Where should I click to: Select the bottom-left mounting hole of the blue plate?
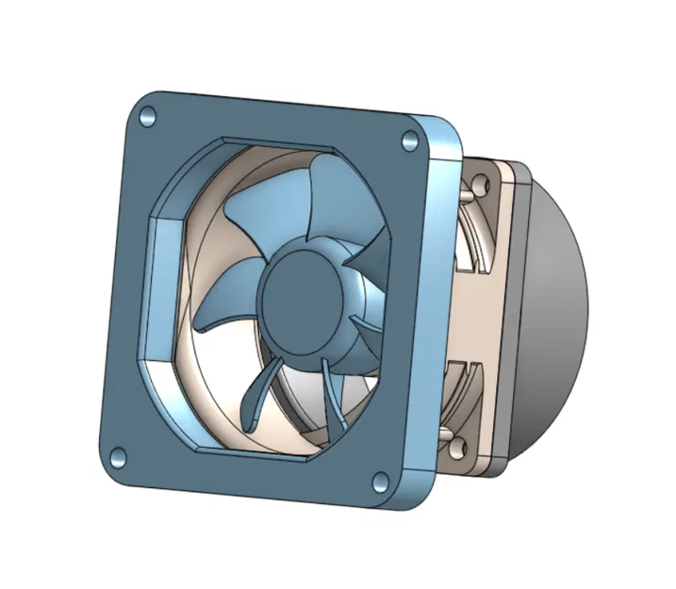point(117,457)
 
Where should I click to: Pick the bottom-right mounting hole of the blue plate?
point(379,483)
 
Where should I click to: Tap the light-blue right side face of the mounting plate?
point(437,311)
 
